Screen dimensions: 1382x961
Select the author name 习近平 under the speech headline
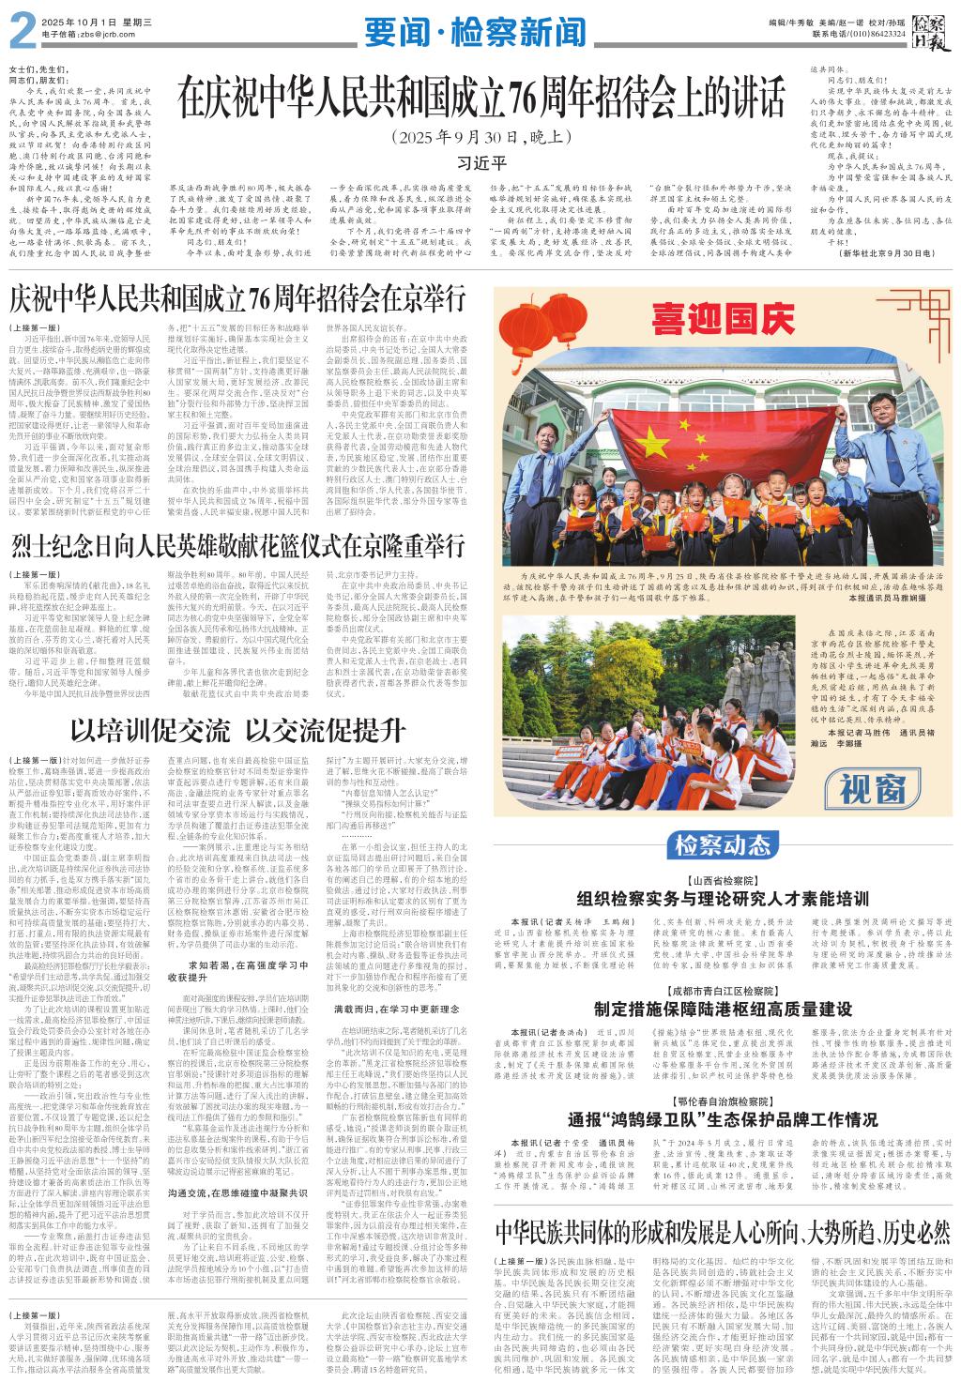pos(480,162)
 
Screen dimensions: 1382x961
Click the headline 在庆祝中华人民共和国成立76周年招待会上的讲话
pos(480,99)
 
